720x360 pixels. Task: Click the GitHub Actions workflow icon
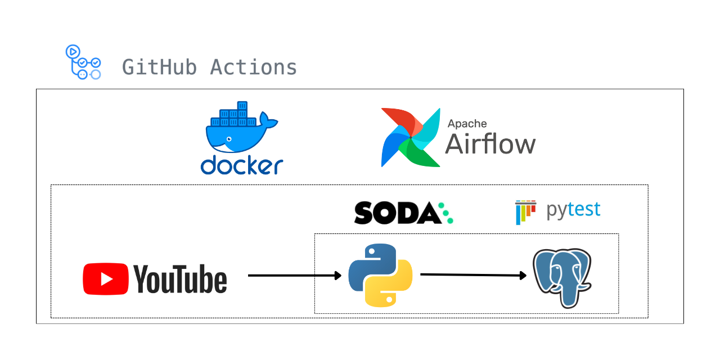pyautogui.click(x=83, y=62)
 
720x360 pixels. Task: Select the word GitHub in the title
pyautogui.click(x=159, y=67)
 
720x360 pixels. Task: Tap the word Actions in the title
pyautogui.click(x=254, y=67)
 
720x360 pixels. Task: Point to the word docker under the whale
pyautogui.click(x=242, y=165)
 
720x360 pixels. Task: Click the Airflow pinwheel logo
pyautogui.click(x=411, y=138)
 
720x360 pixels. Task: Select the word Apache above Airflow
pyautogui.click(x=467, y=124)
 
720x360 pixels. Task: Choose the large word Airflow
pyautogui.click(x=490, y=144)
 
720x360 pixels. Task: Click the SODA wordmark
pyautogui.click(x=397, y=213)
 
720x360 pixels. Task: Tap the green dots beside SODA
pyautogui.click(x=447, y=213)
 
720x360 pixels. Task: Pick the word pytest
pyautogui.click(x=573, y=210)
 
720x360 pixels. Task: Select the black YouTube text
pyautogui.click(x=180, y=280)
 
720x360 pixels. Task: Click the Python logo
pyautogui.click(x=380, y=275)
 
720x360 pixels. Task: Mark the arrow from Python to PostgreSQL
pyautogui.click(x=473, y=275)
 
